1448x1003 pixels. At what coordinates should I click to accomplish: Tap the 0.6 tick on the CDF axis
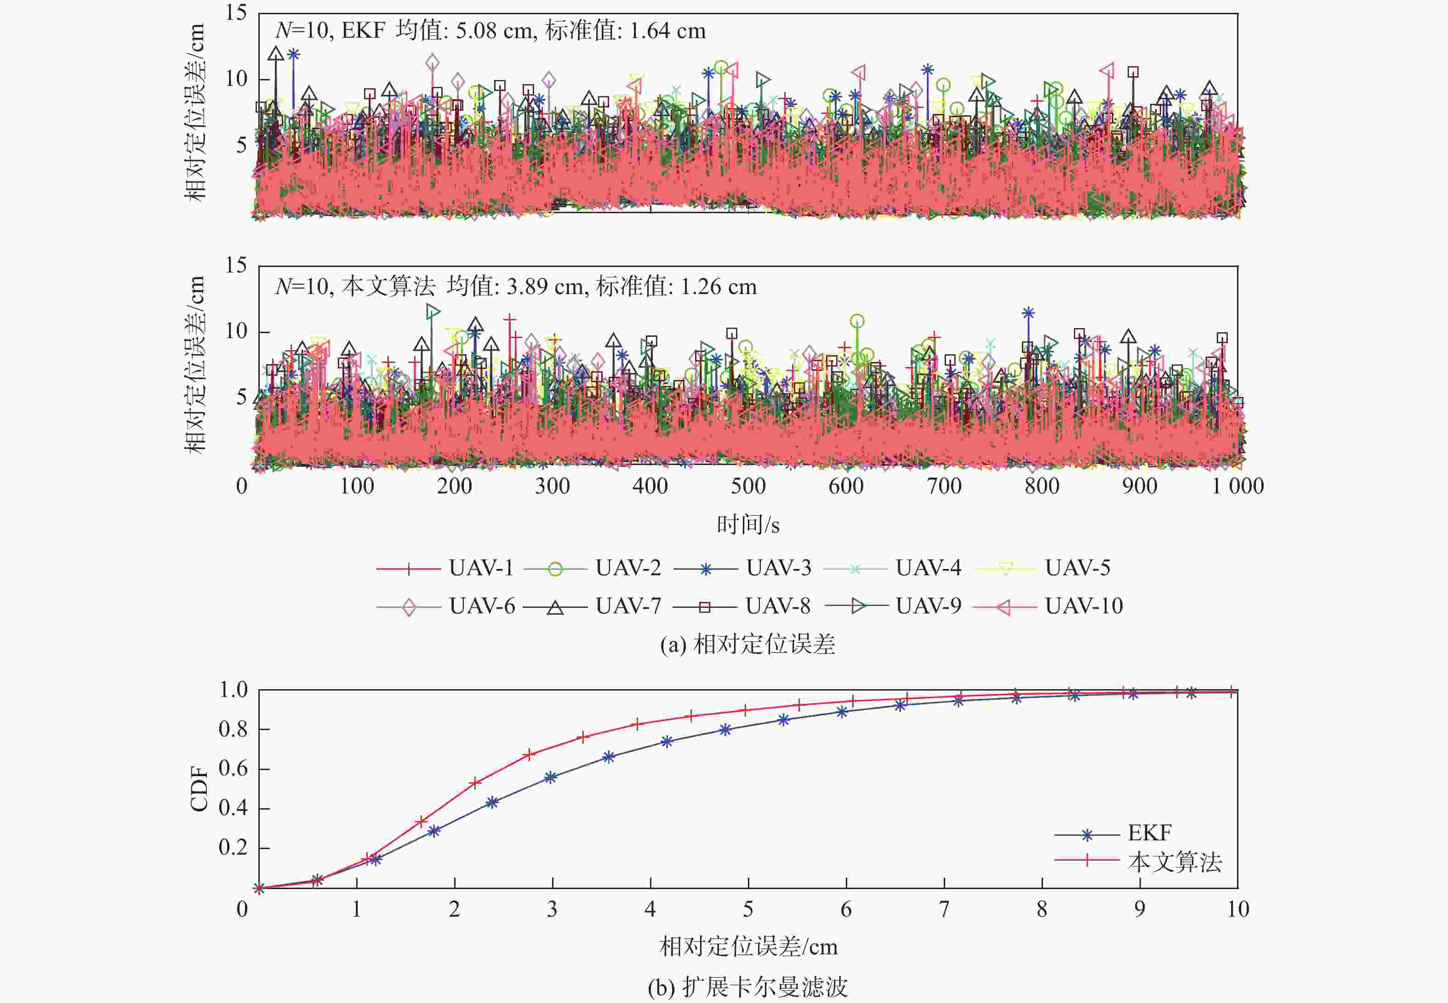tap(233, 769)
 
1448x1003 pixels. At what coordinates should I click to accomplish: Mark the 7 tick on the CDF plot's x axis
tap(944, 909)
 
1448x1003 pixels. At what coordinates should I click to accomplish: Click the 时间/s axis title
tap(748, 525)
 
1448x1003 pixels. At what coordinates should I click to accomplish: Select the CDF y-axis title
tap(199, 789)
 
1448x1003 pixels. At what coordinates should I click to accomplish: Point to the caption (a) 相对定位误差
tap(747, 645)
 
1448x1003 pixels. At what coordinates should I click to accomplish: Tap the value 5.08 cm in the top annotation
tap(494, 31)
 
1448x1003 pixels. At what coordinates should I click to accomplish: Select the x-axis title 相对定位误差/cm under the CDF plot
tap(748, 946)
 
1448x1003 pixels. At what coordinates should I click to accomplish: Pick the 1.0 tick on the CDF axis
tap(233, 690)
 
